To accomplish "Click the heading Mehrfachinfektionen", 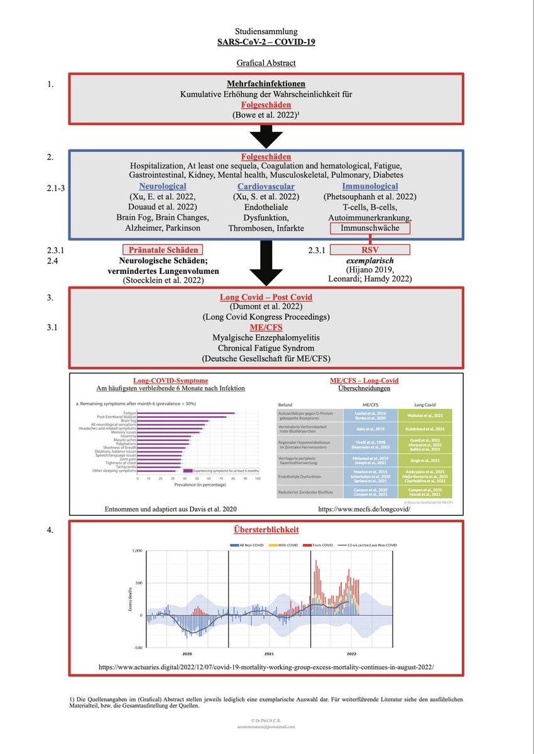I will click(266, 83).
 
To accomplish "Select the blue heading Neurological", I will click(162, 187).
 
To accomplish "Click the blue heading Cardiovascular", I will click(266, 187).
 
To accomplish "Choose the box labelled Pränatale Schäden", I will click(163, 249).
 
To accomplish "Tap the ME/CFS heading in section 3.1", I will click(266, 327).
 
